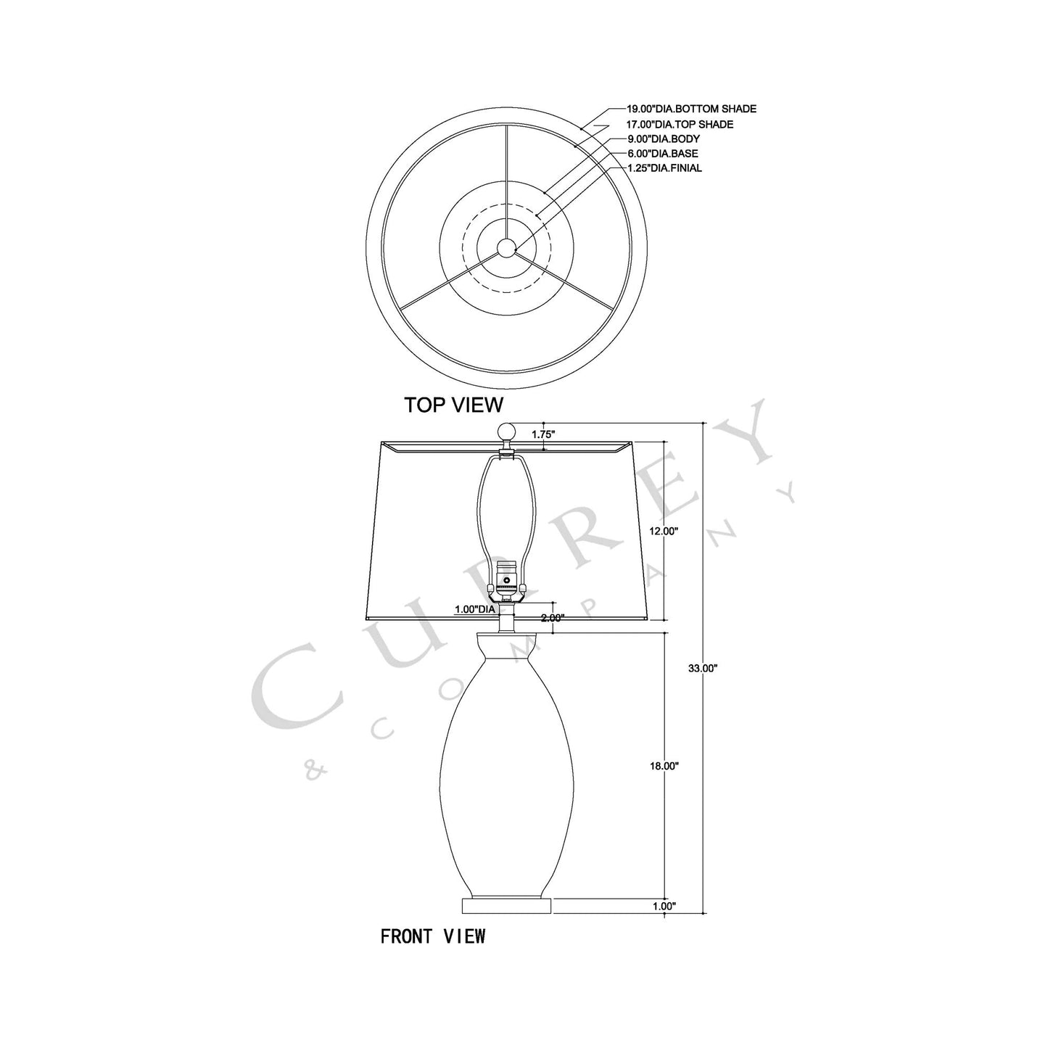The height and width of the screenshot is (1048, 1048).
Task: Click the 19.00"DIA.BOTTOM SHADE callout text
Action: [691, 109]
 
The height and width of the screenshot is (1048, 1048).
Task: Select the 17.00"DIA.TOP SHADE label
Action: [680, 124]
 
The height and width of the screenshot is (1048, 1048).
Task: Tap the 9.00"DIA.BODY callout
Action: [664, 139]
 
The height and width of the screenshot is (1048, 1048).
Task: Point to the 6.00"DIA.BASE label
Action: [663, 153]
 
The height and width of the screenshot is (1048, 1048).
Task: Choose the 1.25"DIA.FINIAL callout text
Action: [664, 168]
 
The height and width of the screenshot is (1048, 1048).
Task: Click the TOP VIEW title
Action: [453, 404]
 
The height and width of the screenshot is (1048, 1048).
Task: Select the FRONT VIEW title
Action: [433, 936]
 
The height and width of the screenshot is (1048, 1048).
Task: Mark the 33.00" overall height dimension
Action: [702, 669]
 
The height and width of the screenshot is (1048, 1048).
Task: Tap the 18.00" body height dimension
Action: [664, 766]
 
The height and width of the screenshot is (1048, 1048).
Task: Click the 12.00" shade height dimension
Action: [664, 531]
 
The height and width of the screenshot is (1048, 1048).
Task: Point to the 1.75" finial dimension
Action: [543, 434]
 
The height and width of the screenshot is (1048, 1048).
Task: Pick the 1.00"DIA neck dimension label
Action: [475, 610]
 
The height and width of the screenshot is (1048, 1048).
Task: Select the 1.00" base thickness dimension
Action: [664, 906]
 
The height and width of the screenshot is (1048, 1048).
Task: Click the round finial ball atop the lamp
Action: [506, 431]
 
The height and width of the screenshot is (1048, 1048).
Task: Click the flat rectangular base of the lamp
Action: [507, 905]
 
